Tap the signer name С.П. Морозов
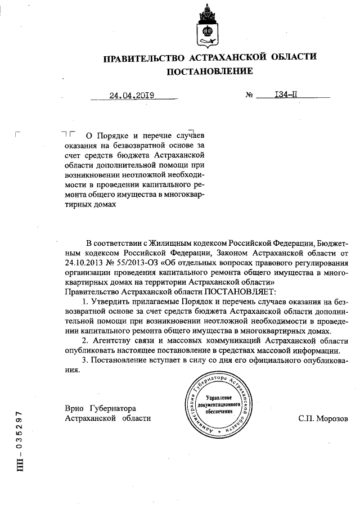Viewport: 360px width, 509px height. pos(323,419)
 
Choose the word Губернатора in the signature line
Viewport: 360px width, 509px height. pos(116,408)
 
